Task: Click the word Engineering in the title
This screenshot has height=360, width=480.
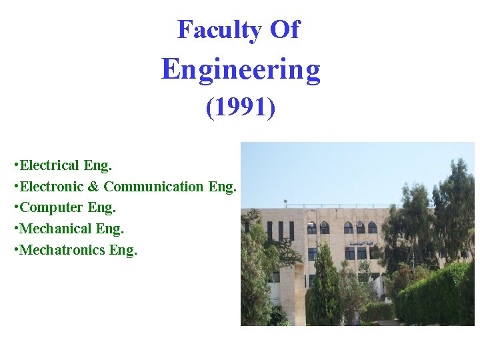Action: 241,69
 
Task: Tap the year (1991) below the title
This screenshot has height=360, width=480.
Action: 241,108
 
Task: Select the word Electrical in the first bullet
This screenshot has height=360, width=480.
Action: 51,165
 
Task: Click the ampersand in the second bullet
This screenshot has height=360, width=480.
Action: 95,186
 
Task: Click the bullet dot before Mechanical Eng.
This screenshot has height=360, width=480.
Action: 16,229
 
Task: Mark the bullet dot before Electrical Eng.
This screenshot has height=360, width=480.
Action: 16,165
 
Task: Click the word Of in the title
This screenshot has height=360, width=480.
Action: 285,30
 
